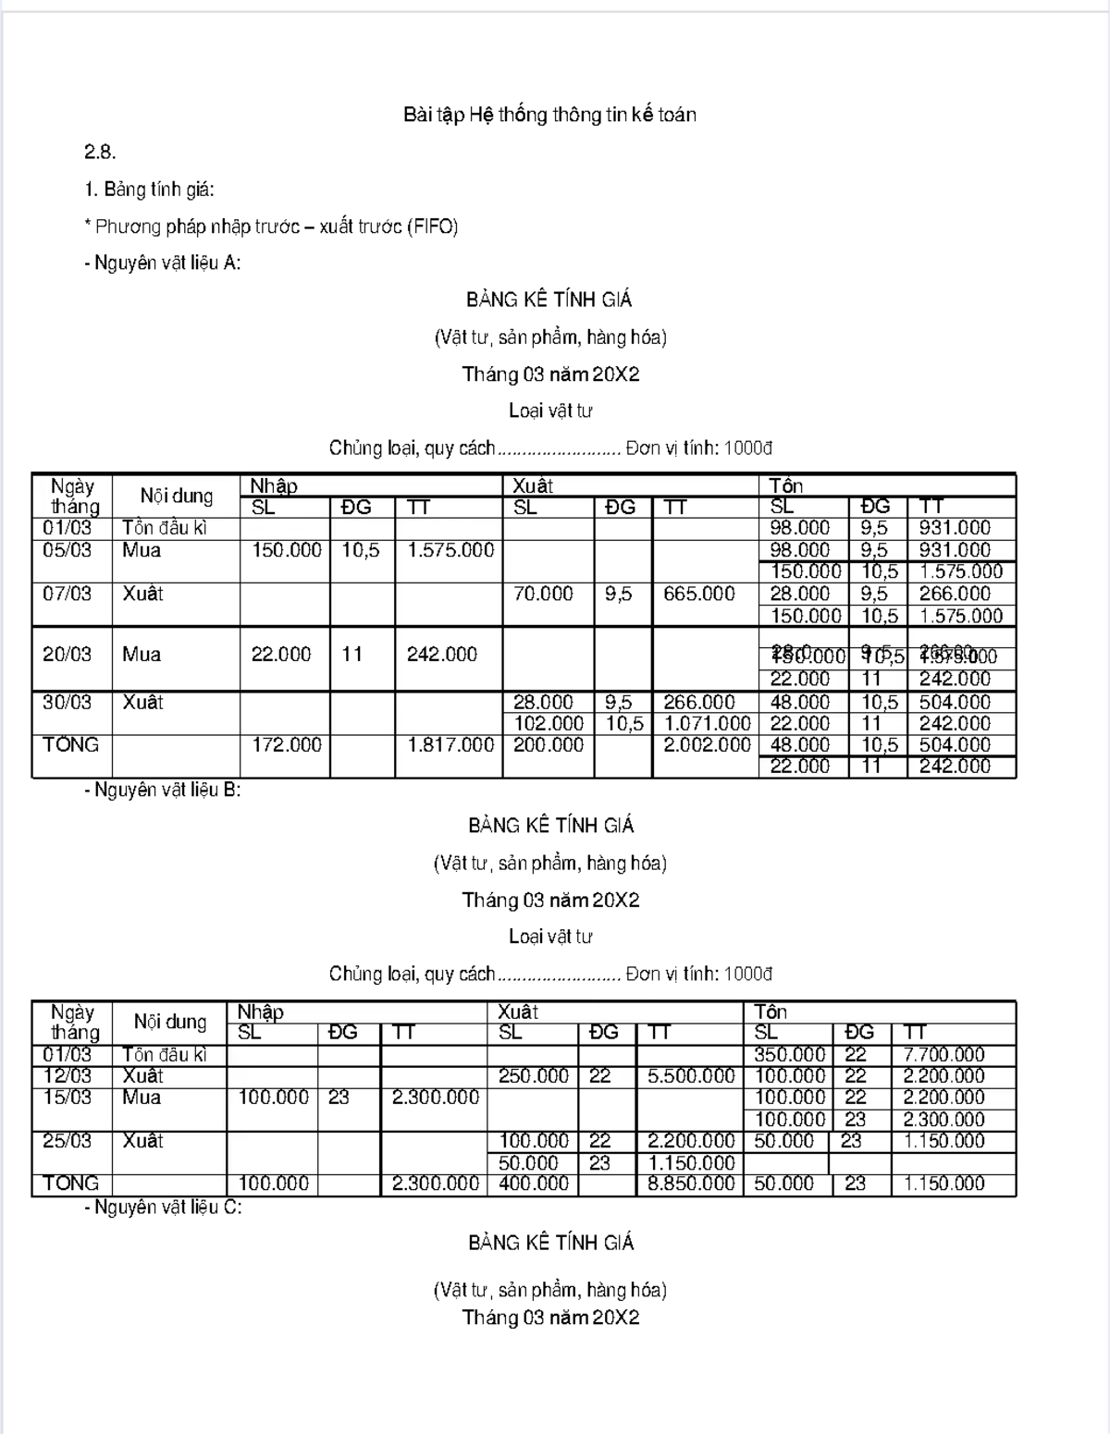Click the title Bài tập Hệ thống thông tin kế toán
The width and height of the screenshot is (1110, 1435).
click(x=549, y=116)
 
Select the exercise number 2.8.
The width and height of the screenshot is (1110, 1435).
click(x=100, y=153)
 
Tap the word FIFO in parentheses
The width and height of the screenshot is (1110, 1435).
click(x=432, y=227)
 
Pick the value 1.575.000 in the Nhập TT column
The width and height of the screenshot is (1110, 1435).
click(x=450, y=550)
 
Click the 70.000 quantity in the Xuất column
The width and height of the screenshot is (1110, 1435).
click(x=543, y=594)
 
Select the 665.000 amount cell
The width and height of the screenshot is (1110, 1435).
click(x=698, y=594)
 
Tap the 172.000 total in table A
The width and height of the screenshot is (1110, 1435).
click(x=287, y=745)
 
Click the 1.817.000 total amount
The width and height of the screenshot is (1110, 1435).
click(x=450, y=745)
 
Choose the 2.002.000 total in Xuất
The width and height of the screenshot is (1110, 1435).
click(x=707, y=745)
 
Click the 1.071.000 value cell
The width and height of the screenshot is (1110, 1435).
click(x=707, y=724)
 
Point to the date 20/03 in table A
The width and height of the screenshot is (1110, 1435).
click(x=67, y=655)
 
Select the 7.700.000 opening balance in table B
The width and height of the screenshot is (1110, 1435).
click(x=943, y=1055)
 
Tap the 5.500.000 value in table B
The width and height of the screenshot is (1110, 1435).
click(x=691, y=1076)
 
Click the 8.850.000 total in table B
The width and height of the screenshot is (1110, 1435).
click(x=691, y=1184)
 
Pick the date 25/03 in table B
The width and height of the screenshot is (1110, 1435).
click(x=67, y=1141)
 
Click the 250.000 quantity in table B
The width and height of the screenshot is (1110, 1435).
click(x=534, y=1076)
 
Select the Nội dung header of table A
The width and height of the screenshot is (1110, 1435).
click(x=176, y=497)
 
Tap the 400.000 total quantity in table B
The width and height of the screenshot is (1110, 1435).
click(x=534, y=1184)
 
